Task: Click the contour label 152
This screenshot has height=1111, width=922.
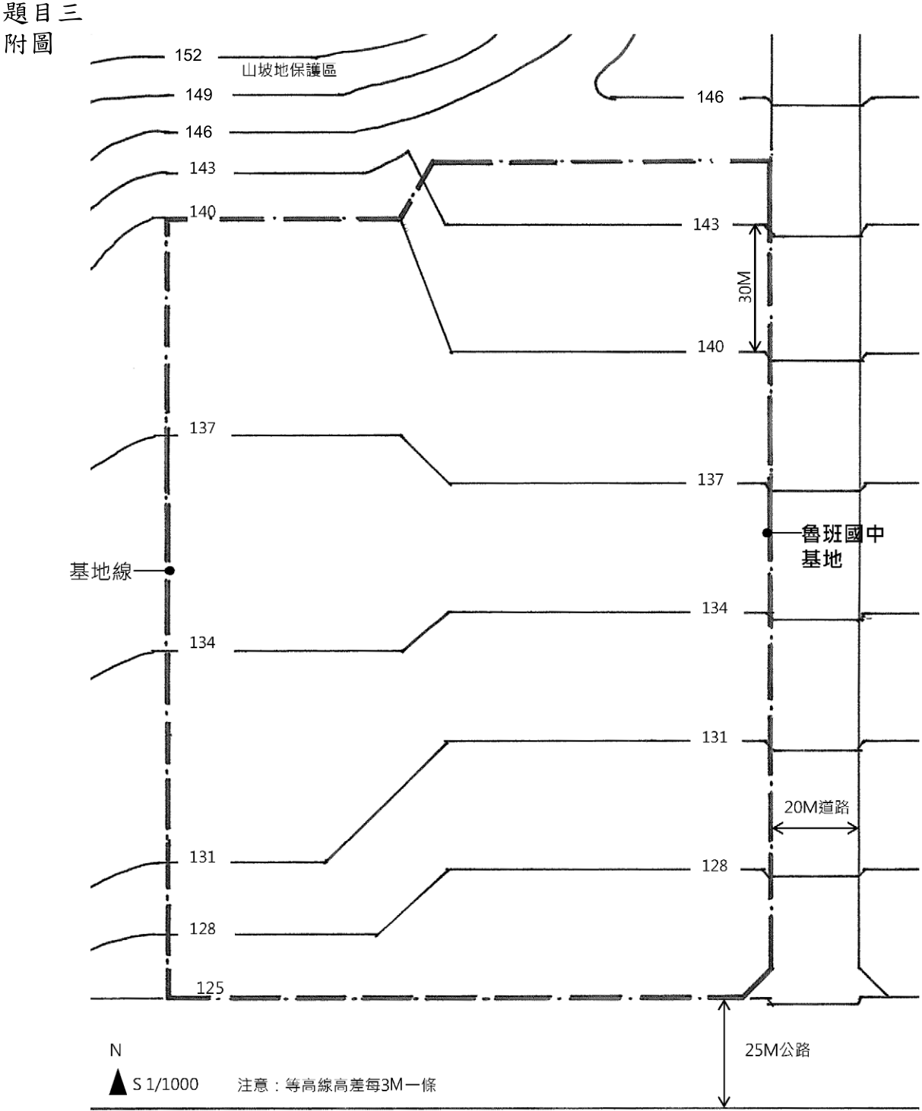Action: point(188,55)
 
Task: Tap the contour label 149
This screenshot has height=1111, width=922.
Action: point(198,95)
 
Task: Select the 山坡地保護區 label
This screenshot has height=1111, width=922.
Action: point(289,70)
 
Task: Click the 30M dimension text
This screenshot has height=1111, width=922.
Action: point(745,286)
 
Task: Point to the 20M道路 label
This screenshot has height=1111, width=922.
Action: point(816,807)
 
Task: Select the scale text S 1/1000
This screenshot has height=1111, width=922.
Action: point(165,1084)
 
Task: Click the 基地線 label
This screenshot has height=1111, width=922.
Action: point(100,571)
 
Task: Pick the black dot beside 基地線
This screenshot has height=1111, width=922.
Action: point(170,571)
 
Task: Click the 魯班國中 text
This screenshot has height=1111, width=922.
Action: point(843,533)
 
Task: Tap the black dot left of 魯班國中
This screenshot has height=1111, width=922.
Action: point(767,533)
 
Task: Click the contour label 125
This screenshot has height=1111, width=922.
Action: point(211,988)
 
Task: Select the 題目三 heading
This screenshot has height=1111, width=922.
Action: point(43,13)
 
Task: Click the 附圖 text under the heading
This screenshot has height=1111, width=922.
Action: point(29,43)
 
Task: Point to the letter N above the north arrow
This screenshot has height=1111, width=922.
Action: point(116,1049)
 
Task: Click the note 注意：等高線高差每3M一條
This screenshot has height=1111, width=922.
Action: point(337,1084)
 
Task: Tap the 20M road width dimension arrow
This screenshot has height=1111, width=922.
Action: point(815,828)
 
